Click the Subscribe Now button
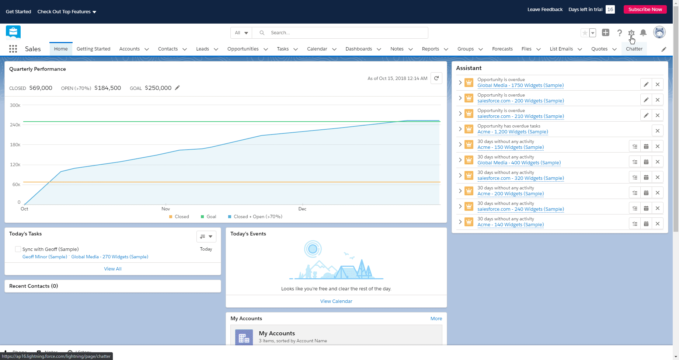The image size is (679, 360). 645,10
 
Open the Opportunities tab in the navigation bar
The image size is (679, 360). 243,49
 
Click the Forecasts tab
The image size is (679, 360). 502,49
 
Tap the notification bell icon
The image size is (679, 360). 643,33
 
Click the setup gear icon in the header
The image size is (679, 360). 631,33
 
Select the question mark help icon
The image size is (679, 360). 620,33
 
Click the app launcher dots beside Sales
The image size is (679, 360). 13,49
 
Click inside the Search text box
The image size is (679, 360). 347,33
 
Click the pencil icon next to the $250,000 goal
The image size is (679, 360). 177,88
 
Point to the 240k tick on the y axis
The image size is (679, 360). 15,125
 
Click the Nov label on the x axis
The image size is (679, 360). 166,209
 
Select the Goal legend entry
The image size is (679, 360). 209,217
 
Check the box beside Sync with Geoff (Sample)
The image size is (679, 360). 18,249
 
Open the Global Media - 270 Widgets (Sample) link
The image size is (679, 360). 109,257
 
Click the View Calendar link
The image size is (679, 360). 336,301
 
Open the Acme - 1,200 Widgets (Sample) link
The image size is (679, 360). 512,132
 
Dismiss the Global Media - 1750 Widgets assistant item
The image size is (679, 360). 657,84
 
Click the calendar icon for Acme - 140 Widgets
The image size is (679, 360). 646,224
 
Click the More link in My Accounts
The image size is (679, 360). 436,319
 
